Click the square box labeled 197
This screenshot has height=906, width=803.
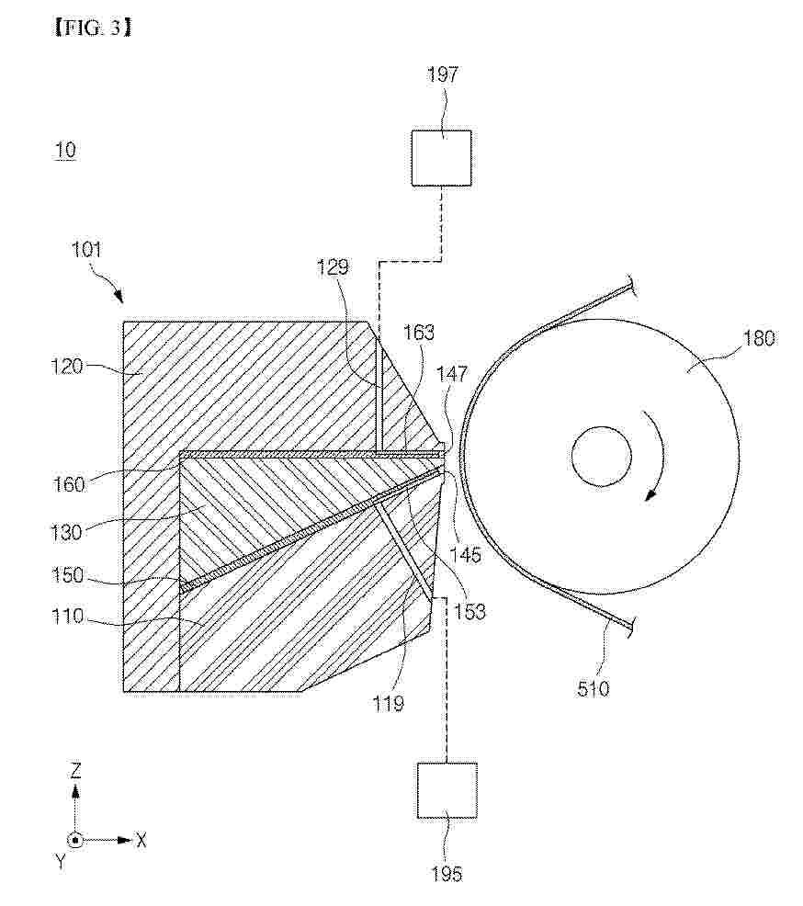441,158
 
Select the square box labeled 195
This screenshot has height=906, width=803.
447,790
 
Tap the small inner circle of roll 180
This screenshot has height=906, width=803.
601,457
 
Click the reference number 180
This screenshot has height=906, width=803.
759,337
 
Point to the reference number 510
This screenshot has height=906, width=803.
593,688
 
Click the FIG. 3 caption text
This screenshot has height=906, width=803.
93,28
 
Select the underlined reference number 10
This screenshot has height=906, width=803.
65,151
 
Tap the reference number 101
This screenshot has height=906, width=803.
86,250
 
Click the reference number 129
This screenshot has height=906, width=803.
333,266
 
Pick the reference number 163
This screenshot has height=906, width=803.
419,333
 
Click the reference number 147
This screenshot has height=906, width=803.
452,374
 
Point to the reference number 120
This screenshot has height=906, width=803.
67,366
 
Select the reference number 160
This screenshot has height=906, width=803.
69,484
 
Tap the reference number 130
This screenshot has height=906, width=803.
66,532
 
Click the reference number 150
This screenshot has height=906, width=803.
68,575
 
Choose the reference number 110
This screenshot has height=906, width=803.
68,616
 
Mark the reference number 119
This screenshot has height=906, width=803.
388,703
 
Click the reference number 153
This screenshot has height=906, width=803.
469,611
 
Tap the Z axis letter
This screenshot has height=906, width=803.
75,771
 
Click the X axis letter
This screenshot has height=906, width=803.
141,840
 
